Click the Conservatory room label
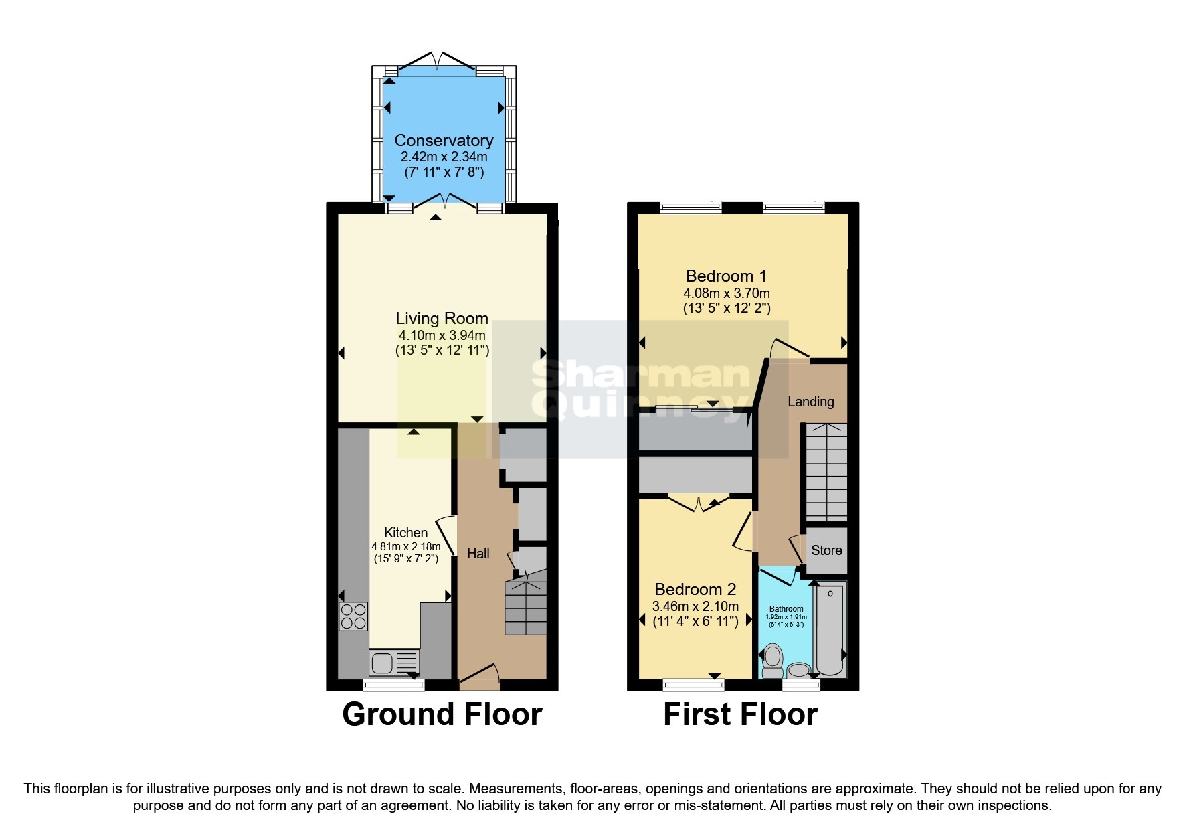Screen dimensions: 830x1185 click(x=444, y=141)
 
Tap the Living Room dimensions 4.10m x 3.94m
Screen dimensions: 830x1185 click(x=442, y=335)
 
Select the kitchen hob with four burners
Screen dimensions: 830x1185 click(x=353, y=616)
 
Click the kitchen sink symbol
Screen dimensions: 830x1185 click(x=393, y=663)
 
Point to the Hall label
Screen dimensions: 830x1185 click(x=478, y=554)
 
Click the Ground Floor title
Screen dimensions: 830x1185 click(x=442, y=714)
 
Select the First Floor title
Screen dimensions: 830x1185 click(x=740, y=714)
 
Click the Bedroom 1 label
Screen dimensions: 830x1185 click(x=726, y=276)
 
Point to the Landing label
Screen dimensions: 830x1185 click(x=810, y=402)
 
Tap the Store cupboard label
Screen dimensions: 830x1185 click(x=826, y=550)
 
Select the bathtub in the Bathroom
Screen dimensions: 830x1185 click(x=830, y=629)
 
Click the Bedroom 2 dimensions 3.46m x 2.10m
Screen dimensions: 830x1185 click(x=695, y=606)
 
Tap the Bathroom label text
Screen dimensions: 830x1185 click(x=786, y=609)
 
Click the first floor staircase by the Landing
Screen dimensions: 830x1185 click(x=826, y=472)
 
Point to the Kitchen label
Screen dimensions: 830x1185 click(x=405, y=533)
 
